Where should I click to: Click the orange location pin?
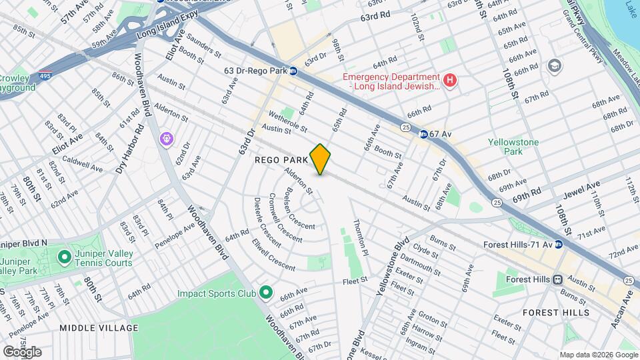(320, 159)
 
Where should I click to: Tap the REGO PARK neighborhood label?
(281, 160)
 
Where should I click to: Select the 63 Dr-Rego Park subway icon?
(293, 71)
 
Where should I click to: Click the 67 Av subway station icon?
(423, 134)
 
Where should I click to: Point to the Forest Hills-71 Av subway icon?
(559, 244)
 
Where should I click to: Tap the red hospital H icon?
(450, 81)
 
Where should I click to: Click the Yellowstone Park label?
(512, 147)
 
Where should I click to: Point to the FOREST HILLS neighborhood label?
(555, 312)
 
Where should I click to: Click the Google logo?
(22, 351)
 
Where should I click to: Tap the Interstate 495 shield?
(45, 76)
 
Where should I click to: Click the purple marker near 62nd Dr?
(165, 139)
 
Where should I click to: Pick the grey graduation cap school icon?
(555, 66)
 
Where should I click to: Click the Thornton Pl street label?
(359, 239)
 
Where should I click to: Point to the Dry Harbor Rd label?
(129, 148)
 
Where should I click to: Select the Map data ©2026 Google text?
(598, 354)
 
